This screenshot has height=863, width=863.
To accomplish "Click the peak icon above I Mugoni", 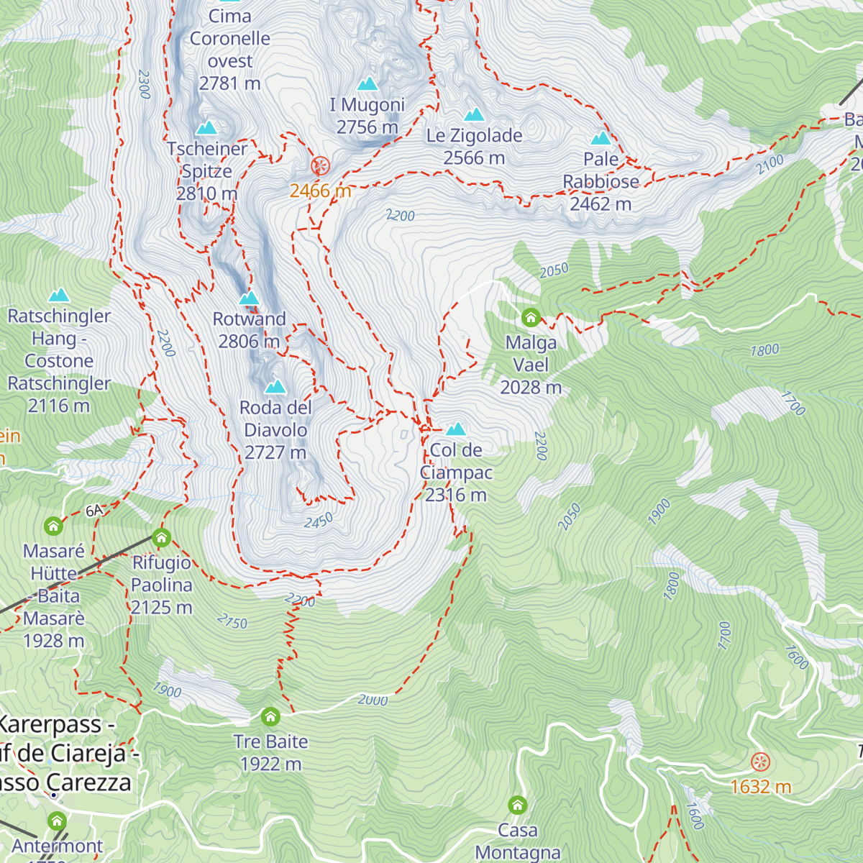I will point(367,84).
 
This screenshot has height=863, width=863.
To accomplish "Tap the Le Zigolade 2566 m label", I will point(474,146).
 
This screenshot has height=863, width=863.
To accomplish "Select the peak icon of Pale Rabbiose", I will point(601,138).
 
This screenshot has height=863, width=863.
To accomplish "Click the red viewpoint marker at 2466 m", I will point(320,166).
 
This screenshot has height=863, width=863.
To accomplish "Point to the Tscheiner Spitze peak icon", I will point(207,128).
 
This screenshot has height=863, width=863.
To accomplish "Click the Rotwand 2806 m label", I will point(250,330).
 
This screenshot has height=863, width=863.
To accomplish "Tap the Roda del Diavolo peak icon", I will point(275,388).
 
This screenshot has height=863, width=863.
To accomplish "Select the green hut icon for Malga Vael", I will point(531,317).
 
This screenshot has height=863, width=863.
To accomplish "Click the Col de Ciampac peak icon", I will point(455,430).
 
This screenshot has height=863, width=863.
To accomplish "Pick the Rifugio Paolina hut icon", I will point(161,537).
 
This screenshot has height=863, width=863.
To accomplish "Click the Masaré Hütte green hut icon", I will point(53,526).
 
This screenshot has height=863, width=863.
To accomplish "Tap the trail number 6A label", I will point(94,511).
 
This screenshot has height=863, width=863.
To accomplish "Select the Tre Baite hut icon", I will point(270,716).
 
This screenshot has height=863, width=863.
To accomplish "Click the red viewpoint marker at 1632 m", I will point(760,762).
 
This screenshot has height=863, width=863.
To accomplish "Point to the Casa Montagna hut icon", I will point(517,805).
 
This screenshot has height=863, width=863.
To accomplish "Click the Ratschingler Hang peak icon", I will point(59,296).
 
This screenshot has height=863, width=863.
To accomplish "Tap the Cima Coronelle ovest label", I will point(230,50).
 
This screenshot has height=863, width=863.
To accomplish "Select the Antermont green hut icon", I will point(57,821).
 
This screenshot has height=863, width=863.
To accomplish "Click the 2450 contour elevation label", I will point(318,521).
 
